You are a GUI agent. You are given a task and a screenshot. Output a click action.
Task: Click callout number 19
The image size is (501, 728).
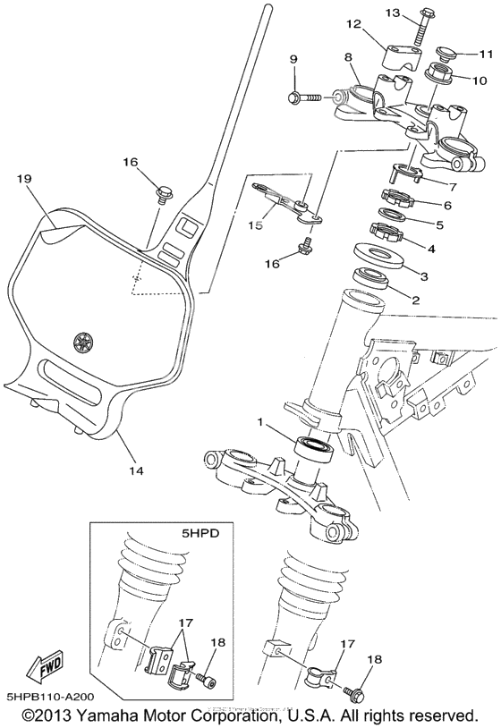pos(24,179)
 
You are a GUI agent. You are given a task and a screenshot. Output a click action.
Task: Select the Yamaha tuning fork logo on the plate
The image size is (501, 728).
pos(84,341)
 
